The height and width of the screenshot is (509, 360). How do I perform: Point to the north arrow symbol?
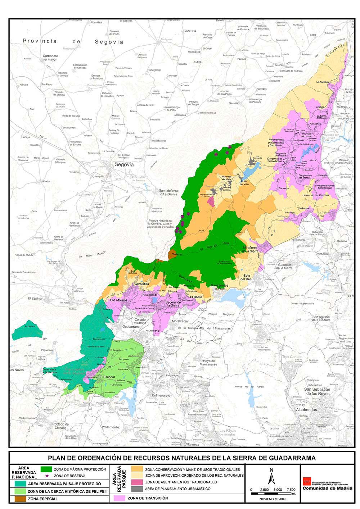pyautogui.click(x=271, y=477)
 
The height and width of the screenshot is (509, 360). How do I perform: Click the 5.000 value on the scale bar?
pyautogui.click(x=278, y=490)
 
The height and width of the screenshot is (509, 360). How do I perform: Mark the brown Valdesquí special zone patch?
pyautogui.click(x=174, y=254)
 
